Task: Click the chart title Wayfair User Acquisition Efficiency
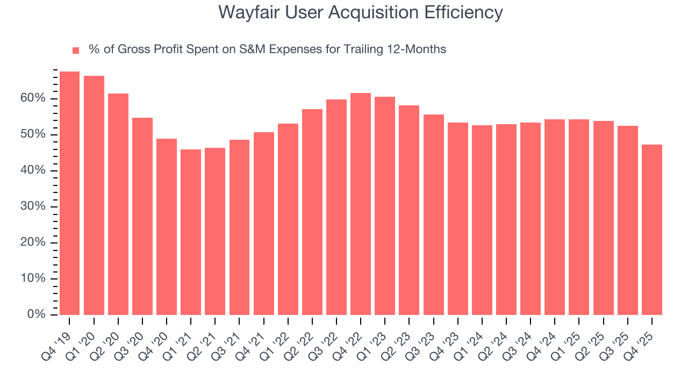[361, 12]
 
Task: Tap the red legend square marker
[76, 50]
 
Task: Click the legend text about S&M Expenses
[267, 49]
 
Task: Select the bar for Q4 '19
[69, 193]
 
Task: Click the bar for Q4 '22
[361, 204]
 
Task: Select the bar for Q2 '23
[409, 210]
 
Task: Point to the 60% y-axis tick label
[34, 98]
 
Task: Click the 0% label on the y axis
[37, 314]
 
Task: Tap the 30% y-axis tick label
[34, 206]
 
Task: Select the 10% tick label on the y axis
[34, 278]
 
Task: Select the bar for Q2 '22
[312, 212]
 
